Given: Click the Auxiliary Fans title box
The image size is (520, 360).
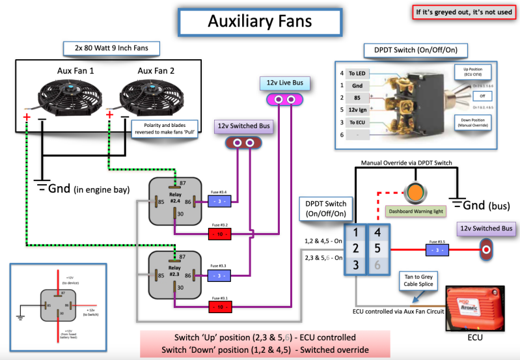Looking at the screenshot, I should click(260, 21).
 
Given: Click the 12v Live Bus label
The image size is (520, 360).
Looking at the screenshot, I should click(285, 83).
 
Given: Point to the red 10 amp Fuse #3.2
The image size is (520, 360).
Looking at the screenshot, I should click(221, 233).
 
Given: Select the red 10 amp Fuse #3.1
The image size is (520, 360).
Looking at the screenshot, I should click(221, 306).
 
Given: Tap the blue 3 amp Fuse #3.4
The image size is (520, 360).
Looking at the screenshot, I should click(221, 202).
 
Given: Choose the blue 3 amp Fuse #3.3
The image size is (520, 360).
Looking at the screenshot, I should click(221, 275).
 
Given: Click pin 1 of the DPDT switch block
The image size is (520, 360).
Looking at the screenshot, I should click(355, 231).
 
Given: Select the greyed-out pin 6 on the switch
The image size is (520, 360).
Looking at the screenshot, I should click(377, 265).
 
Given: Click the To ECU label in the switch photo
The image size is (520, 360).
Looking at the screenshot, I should click(356, 122).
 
